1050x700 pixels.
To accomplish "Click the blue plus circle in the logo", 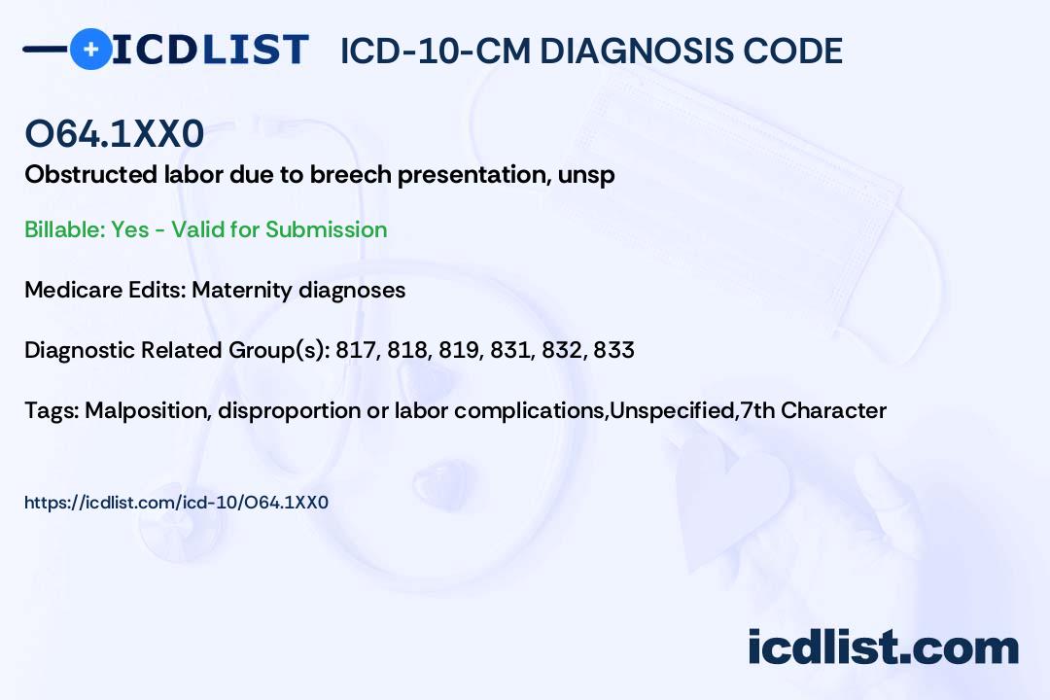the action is click(x=90, y=49).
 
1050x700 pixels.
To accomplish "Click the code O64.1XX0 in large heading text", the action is click(x=115, y=133).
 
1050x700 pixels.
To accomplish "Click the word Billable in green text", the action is click(x=63, y=229).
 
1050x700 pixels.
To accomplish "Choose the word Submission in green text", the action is click(x=326, y=229).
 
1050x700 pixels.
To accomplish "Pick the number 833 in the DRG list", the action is click(x=613, y=350).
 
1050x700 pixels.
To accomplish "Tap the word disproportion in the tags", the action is click(x=290, y=410).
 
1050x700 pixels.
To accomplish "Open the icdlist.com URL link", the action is click(x=176, y=503).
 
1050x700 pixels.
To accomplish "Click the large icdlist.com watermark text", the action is click(x=883, y=647).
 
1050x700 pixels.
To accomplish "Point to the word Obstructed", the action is click(x=91, y=174).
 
